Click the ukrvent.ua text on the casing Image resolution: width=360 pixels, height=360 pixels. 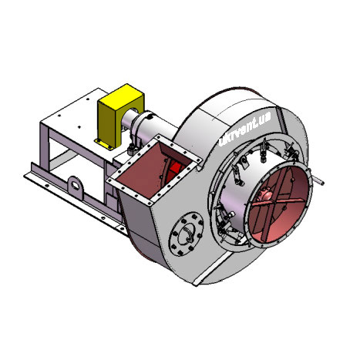tap(244, 130)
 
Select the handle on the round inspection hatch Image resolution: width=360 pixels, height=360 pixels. tap(190, 233)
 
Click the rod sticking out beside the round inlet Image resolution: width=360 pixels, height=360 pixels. tap(318, 180)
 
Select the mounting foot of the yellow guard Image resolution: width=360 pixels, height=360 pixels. tap(103, 144)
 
